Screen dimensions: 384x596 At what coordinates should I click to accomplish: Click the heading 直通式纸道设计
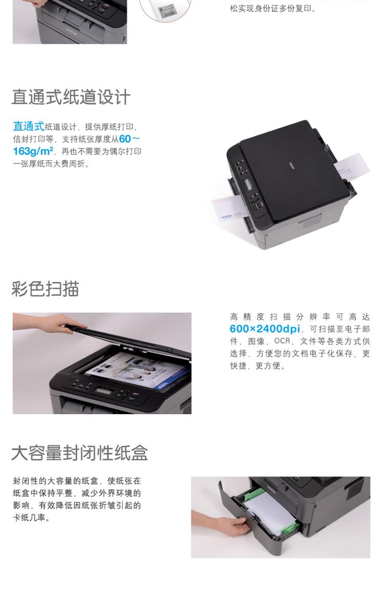pos(71,97)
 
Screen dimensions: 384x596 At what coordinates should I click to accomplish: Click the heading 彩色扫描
pos(45,289)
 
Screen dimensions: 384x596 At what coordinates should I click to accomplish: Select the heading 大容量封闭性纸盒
pos(79,453)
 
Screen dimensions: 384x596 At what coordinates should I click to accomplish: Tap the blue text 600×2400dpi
pos(265,329)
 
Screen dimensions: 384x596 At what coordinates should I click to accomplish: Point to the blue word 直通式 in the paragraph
pos(29,126)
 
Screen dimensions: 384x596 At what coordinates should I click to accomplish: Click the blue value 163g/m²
pos(33,151)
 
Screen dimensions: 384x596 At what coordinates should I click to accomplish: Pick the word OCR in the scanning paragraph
pos(282,341)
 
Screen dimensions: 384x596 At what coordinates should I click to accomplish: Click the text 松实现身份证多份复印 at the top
pos(273,8)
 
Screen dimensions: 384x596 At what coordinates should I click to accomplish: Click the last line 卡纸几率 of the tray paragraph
pos(32,518)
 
